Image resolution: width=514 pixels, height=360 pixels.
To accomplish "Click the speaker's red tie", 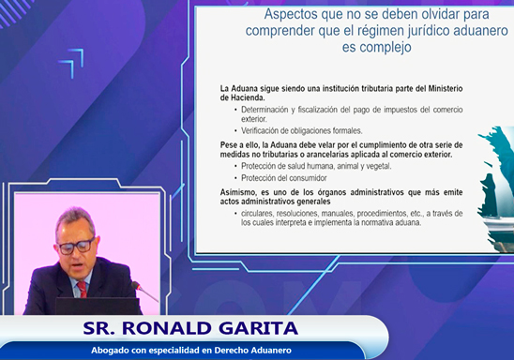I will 82,289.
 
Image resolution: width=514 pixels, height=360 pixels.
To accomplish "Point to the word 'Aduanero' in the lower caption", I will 266,351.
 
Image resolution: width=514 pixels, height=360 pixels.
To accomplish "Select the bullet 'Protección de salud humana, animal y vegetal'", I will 315,166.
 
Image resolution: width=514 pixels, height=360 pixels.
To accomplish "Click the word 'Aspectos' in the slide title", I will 292,14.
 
